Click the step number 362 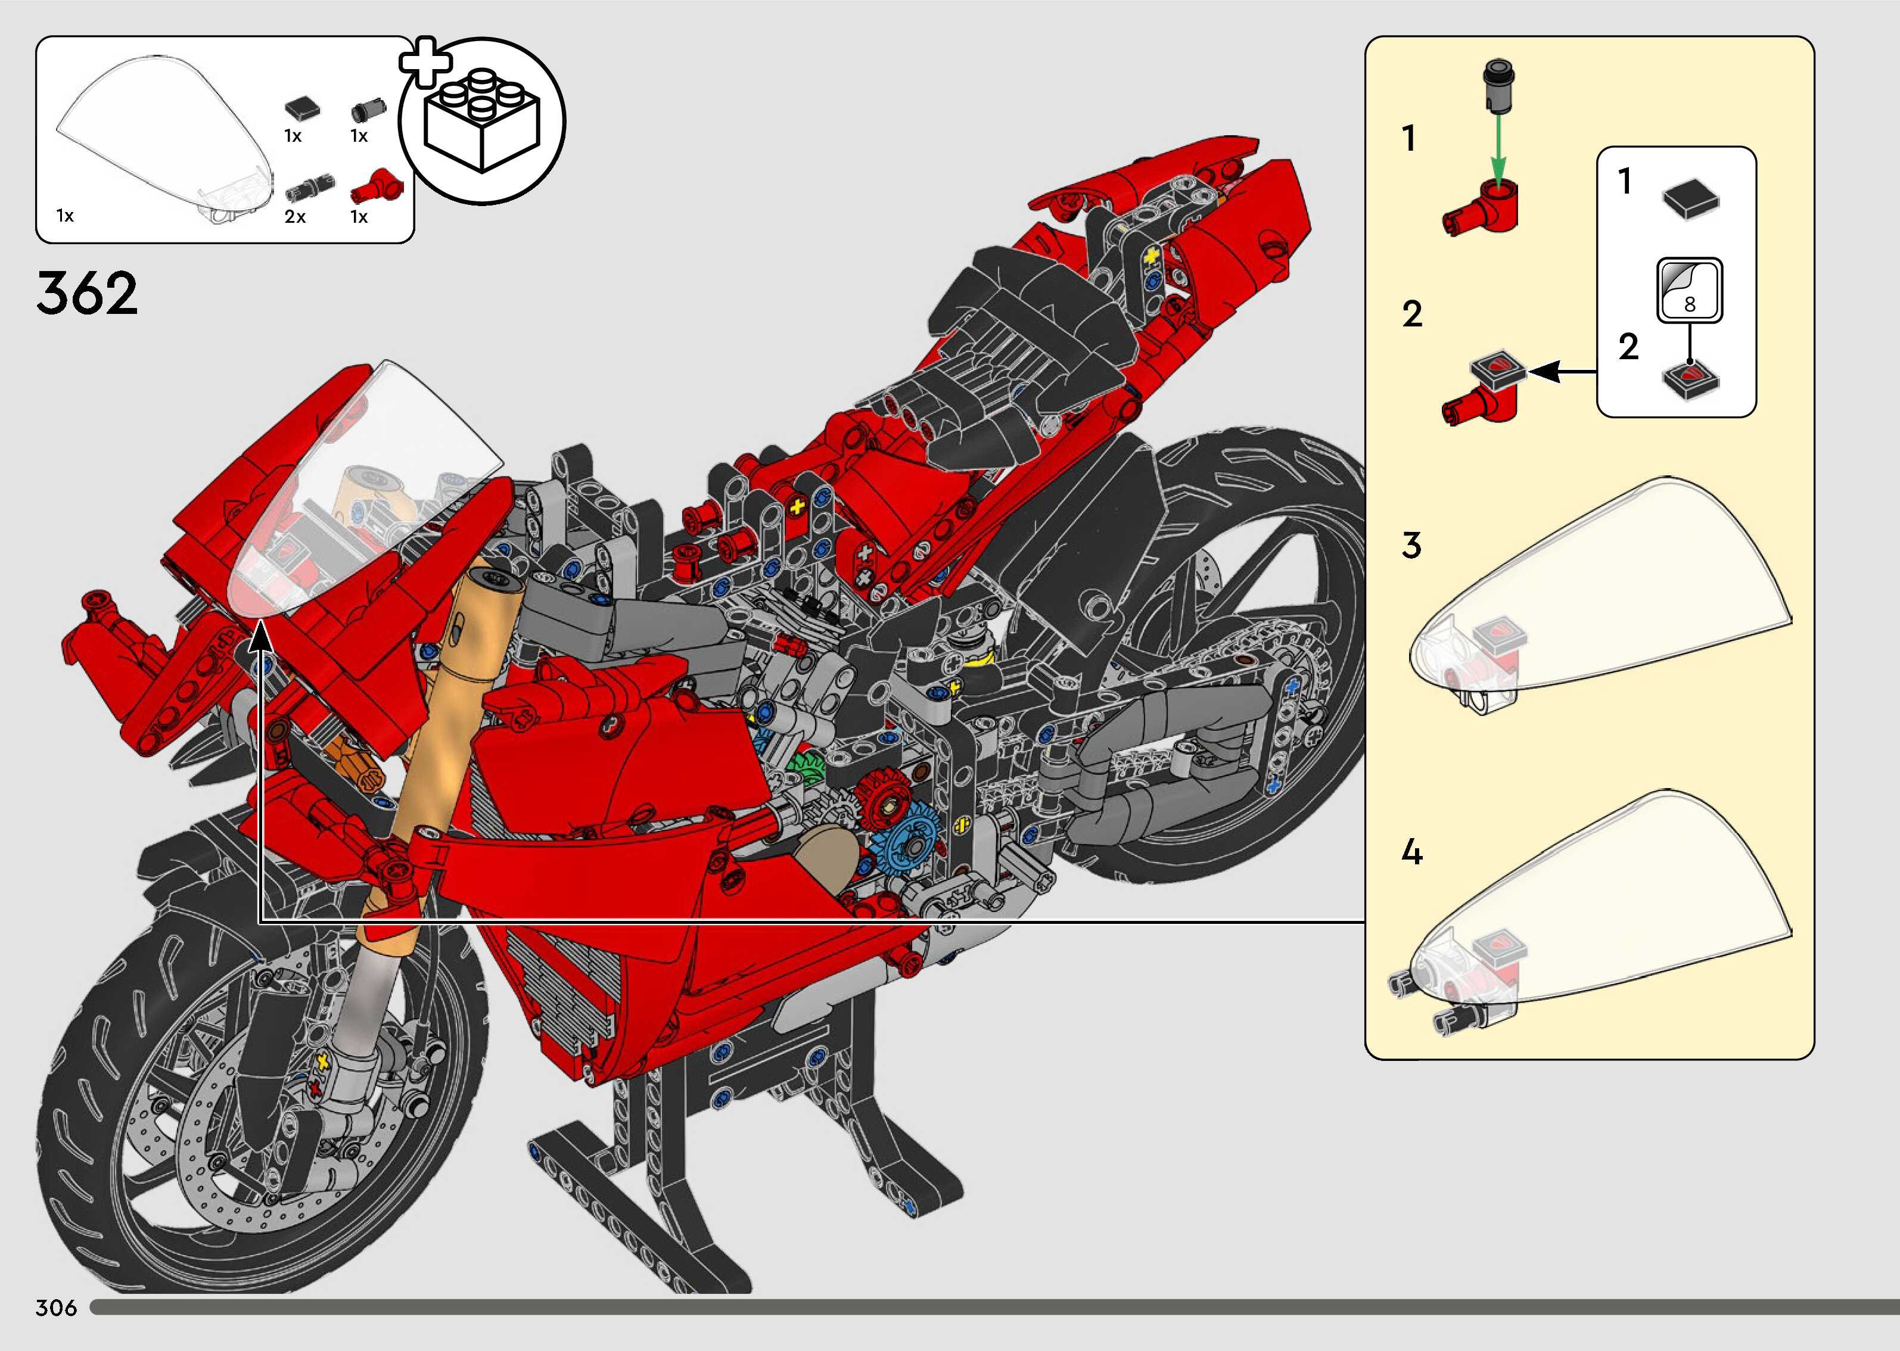86,293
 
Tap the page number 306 56,1307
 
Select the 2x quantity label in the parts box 296,217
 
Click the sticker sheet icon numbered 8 1688,290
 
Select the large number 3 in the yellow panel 1411,546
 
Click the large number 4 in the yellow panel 1411,852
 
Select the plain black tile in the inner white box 1690,200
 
